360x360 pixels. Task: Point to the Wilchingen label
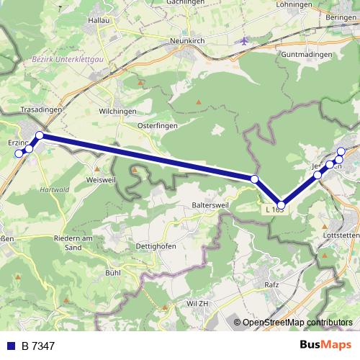(118, 112)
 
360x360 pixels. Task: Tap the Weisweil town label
(101, 179)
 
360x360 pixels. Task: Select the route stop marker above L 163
(282, 205)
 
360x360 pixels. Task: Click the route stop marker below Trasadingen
(40, 135)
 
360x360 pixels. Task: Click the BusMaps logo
(325, 346)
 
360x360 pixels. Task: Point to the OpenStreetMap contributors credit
(297, 323)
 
